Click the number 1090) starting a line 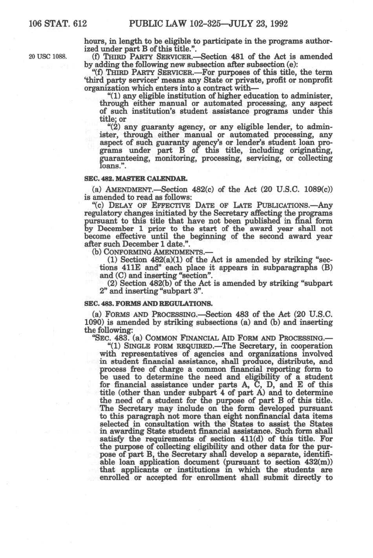click(95, 322)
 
